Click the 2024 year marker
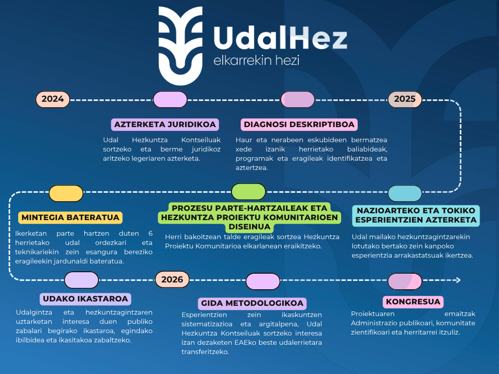[x=53, y=99]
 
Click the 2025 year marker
[x=404, y=99]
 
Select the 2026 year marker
[x=172, y=280]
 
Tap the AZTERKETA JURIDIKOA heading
[x=165, y=125]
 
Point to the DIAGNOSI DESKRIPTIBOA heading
[x=299, y=125]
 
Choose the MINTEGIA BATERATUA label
[x=70, y=217]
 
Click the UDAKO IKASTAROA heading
[x=85, y=299]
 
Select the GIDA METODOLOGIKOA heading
[x=252, y=303]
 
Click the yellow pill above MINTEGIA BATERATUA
[x=66, y=193]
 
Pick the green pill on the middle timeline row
[x=249, y=192]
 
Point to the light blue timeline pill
[x=405, y=193]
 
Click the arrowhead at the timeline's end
[x=457, y=280]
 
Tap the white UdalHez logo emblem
[x=181, y=46]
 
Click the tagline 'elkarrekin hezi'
[x=256, y=61]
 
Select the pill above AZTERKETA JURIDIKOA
[x=170, y=99]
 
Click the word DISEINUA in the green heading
[x=249, y=227]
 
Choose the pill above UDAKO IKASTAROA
[x=81, y=280]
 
